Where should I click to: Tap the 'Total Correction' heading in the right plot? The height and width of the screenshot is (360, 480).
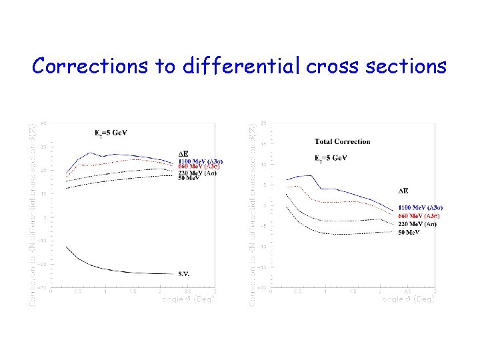pos(342,141)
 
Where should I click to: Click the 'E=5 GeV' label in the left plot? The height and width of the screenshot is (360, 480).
pos(110,133)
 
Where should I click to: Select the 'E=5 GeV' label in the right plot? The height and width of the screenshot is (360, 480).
pos(331,158)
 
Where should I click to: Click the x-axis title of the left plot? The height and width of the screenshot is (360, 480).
pos(189,300)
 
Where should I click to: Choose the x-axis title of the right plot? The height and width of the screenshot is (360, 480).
pos(409,300)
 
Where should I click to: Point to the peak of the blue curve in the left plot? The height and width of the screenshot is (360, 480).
pos(91,153)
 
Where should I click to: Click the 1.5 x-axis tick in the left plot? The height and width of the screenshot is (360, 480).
pos(132,292)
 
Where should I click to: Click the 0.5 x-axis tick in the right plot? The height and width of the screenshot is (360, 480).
pos(297,292)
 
